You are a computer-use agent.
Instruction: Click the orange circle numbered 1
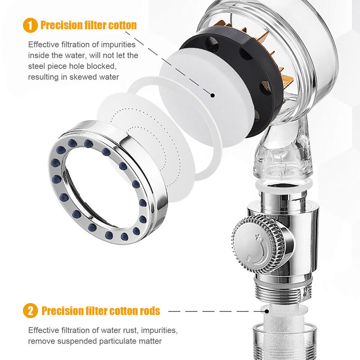tap(30, 25)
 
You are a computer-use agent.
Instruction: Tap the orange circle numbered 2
tap(30, 310)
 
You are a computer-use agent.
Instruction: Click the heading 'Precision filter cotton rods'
tap(100, 311)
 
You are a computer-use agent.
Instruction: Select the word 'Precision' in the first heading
tap(61, 25)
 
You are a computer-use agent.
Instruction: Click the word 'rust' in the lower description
tap(130, 330)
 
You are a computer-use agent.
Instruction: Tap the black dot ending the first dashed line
tap(212, 95)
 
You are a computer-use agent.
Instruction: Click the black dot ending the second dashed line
tap(267, 311)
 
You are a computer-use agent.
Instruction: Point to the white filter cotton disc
tap(207, 96)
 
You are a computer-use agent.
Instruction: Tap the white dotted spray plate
tap(147, 147)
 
